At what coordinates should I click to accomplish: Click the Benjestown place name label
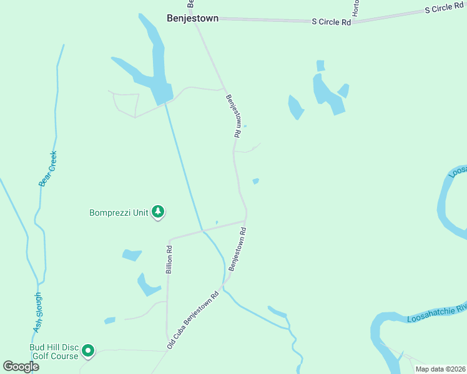[x=192, y=19]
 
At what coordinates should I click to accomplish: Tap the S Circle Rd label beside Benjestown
[x=332, y=21]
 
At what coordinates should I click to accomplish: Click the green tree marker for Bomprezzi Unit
[x=159, y=213]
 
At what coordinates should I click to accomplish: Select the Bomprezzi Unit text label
[x=119, y=213]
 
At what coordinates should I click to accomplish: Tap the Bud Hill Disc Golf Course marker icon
[x=89, y=352]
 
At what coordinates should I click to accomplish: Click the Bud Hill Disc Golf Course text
[x=54, y=352]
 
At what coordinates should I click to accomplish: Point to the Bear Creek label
[x=48, y=169]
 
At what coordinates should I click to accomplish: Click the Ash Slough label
[x=37, y=312]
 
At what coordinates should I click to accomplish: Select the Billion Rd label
[x=169, y=259]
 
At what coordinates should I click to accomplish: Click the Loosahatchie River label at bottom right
[x=436, y=313]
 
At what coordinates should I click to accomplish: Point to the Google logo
[x=21, y=367]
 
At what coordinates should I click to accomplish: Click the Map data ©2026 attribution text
[x=440, y=369]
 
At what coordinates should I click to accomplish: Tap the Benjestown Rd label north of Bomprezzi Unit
[x=233, y=115]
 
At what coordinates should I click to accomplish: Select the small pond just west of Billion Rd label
[x=132, y=254]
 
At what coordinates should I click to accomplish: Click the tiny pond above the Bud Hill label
[x=110, y=320]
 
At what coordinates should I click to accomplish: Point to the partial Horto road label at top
[x=356, y=8]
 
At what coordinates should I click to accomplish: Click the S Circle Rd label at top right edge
[x=445, y=8]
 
